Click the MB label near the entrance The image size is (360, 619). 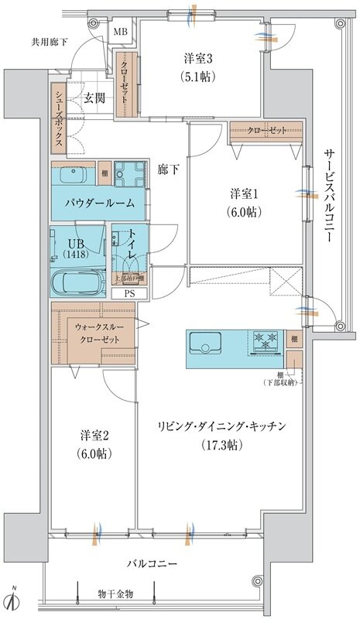click(122, 32)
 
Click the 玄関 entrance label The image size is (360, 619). click(94, 98)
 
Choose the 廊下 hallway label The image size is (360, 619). click(168, 169)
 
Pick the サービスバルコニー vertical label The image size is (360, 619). click(327, 196)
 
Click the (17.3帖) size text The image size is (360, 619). click(221, 444)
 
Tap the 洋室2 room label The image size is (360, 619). click(94, 433)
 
